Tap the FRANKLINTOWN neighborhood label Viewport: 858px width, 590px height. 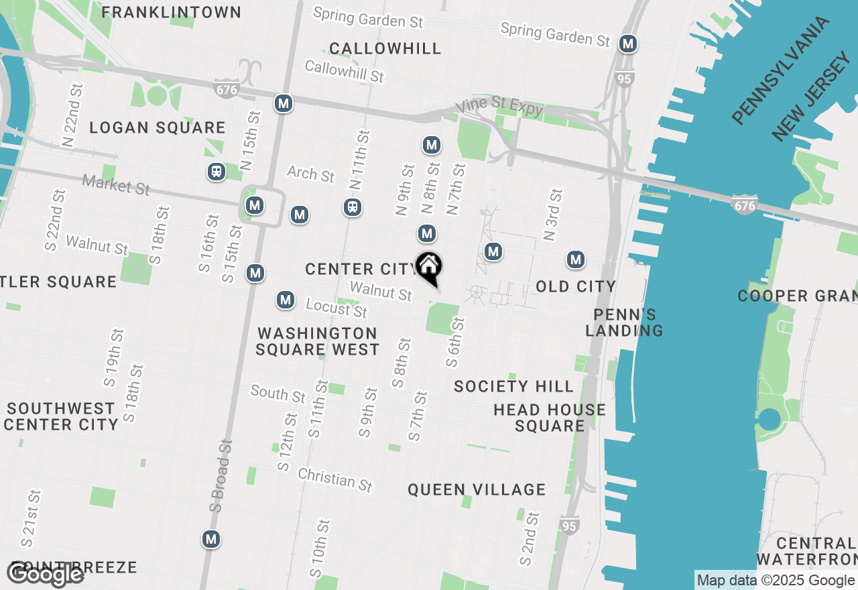tap(172, 12)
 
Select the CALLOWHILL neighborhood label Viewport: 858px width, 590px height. tap(385, 48)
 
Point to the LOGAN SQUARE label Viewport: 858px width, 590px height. tap(158, 127)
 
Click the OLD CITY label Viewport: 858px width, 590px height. tap(576, 286)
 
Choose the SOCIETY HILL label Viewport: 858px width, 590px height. tap(513, 386)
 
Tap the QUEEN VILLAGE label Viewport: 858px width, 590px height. tap(477, 489)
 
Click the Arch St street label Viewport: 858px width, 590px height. tap(310, 174)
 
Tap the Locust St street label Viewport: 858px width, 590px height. tap(336, 308)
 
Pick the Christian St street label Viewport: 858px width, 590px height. tap(335, 479)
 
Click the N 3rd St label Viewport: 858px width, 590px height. tap(553, 215)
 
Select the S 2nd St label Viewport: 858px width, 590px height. tap(529, 538)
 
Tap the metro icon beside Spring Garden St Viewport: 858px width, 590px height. tap(627, 44)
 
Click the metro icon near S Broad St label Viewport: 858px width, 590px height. tap(211, 538)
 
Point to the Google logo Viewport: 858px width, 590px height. tap(46, 574)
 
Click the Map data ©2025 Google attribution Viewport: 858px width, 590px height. tap(776, 581)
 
